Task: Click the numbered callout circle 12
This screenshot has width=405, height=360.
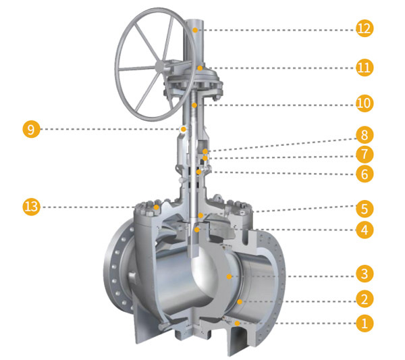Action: coord(364,28)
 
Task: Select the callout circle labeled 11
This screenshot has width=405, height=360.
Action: coord(364,68)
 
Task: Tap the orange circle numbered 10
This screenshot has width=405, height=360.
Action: coord(364,103)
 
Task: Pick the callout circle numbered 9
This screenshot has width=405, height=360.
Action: coord(31,129)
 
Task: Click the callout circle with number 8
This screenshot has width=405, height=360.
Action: coord(364,135)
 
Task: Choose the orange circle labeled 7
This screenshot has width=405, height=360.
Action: coord(364,154)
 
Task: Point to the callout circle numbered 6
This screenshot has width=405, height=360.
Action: coord(364,174)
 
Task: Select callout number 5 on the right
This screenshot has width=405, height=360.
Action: coord(364,209)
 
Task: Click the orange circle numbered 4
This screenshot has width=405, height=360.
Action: coord(364,230)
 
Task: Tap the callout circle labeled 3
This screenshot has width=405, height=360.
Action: coord(364,274)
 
